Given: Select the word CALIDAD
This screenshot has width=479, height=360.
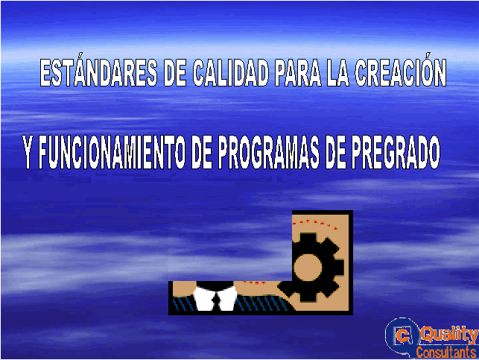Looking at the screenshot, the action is [231, 73].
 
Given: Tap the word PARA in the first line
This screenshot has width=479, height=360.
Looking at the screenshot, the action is [298, 73].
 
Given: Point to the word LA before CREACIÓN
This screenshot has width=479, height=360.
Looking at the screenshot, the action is [337, 73].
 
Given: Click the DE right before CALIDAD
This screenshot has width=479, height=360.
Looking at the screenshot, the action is [175, 73].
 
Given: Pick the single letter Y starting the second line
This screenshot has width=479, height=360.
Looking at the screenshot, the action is [28, 151].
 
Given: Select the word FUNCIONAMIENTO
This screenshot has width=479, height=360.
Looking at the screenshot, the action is [112, 151].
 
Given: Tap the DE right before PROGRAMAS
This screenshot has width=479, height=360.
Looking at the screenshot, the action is [202, 151].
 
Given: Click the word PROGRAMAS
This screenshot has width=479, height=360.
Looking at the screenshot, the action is [269, 151].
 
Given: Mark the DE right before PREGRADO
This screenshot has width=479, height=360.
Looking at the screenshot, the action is [336, 151].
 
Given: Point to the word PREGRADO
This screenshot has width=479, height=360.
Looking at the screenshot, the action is [396, 151].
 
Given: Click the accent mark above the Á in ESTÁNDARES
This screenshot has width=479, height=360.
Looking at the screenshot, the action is [79, 57].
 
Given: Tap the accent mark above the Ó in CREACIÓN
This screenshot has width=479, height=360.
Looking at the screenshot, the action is [428, 56].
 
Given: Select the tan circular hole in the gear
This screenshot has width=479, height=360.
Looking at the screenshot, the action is [308, 267].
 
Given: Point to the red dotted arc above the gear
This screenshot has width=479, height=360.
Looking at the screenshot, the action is [315, 223].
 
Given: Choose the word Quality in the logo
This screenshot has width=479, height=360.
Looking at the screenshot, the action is [449, 334].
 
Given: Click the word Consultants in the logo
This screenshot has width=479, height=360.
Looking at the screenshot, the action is [445, 352].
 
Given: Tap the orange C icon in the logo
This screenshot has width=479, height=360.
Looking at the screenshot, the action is [403, 336].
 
